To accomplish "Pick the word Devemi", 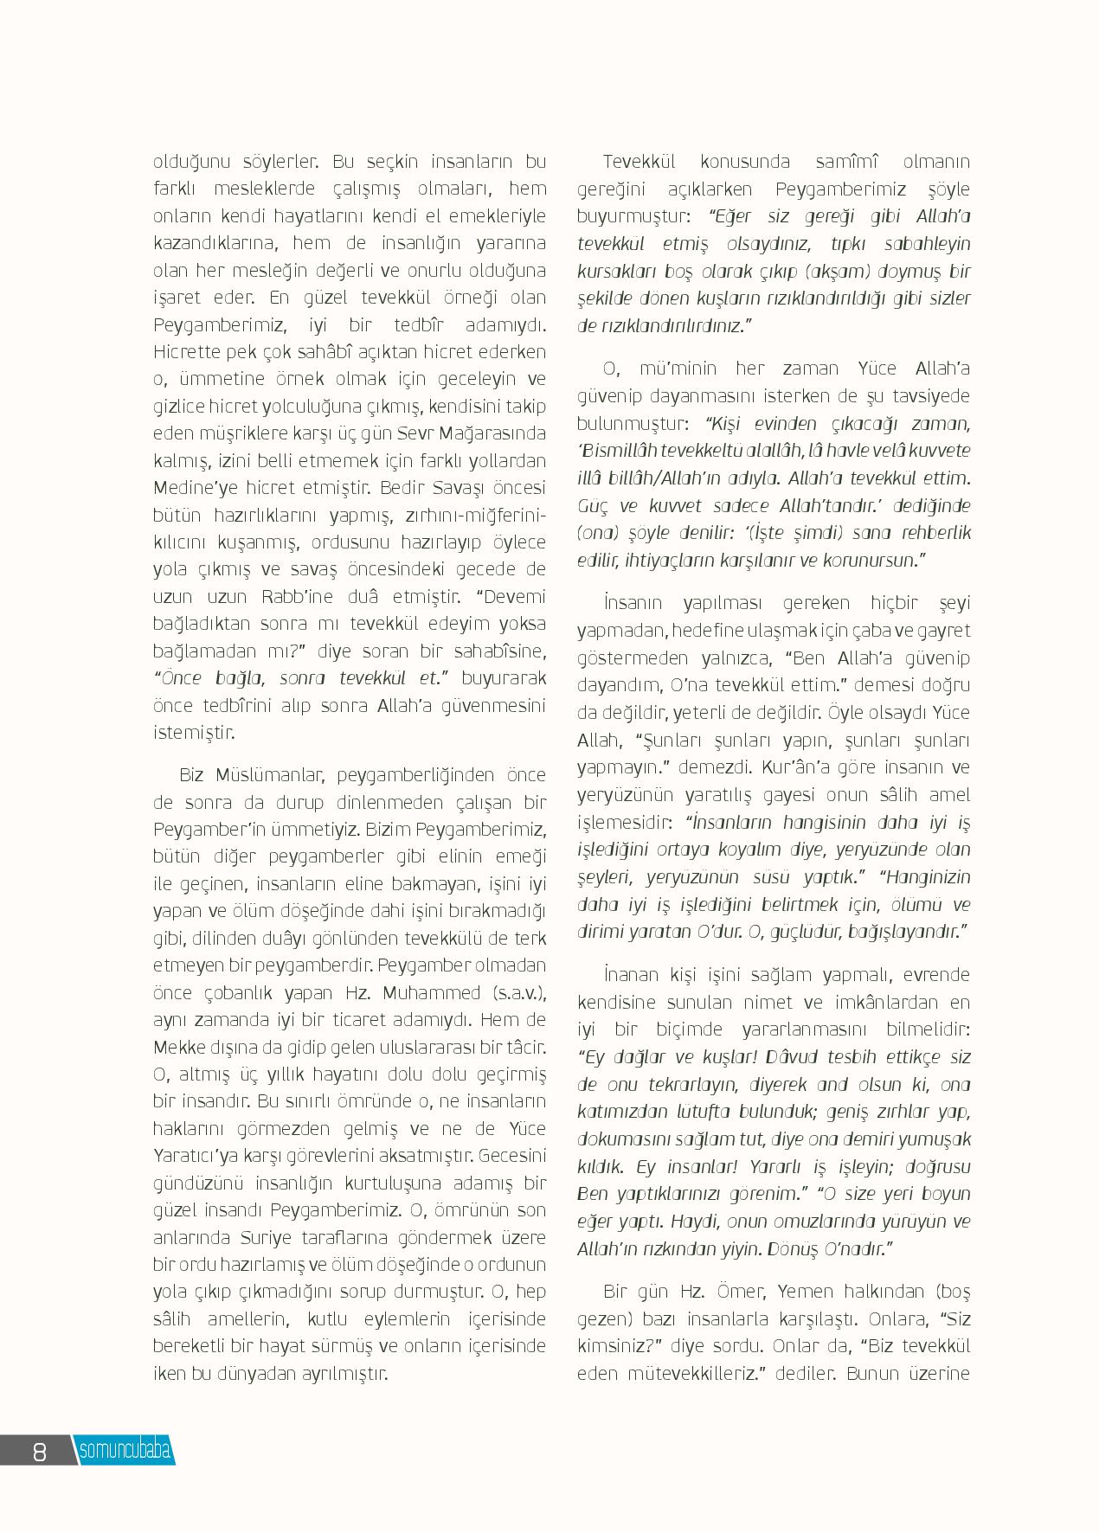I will coord(514,597).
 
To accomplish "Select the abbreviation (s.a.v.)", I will coord(517,992).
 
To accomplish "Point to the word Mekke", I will coord(177,1047).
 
